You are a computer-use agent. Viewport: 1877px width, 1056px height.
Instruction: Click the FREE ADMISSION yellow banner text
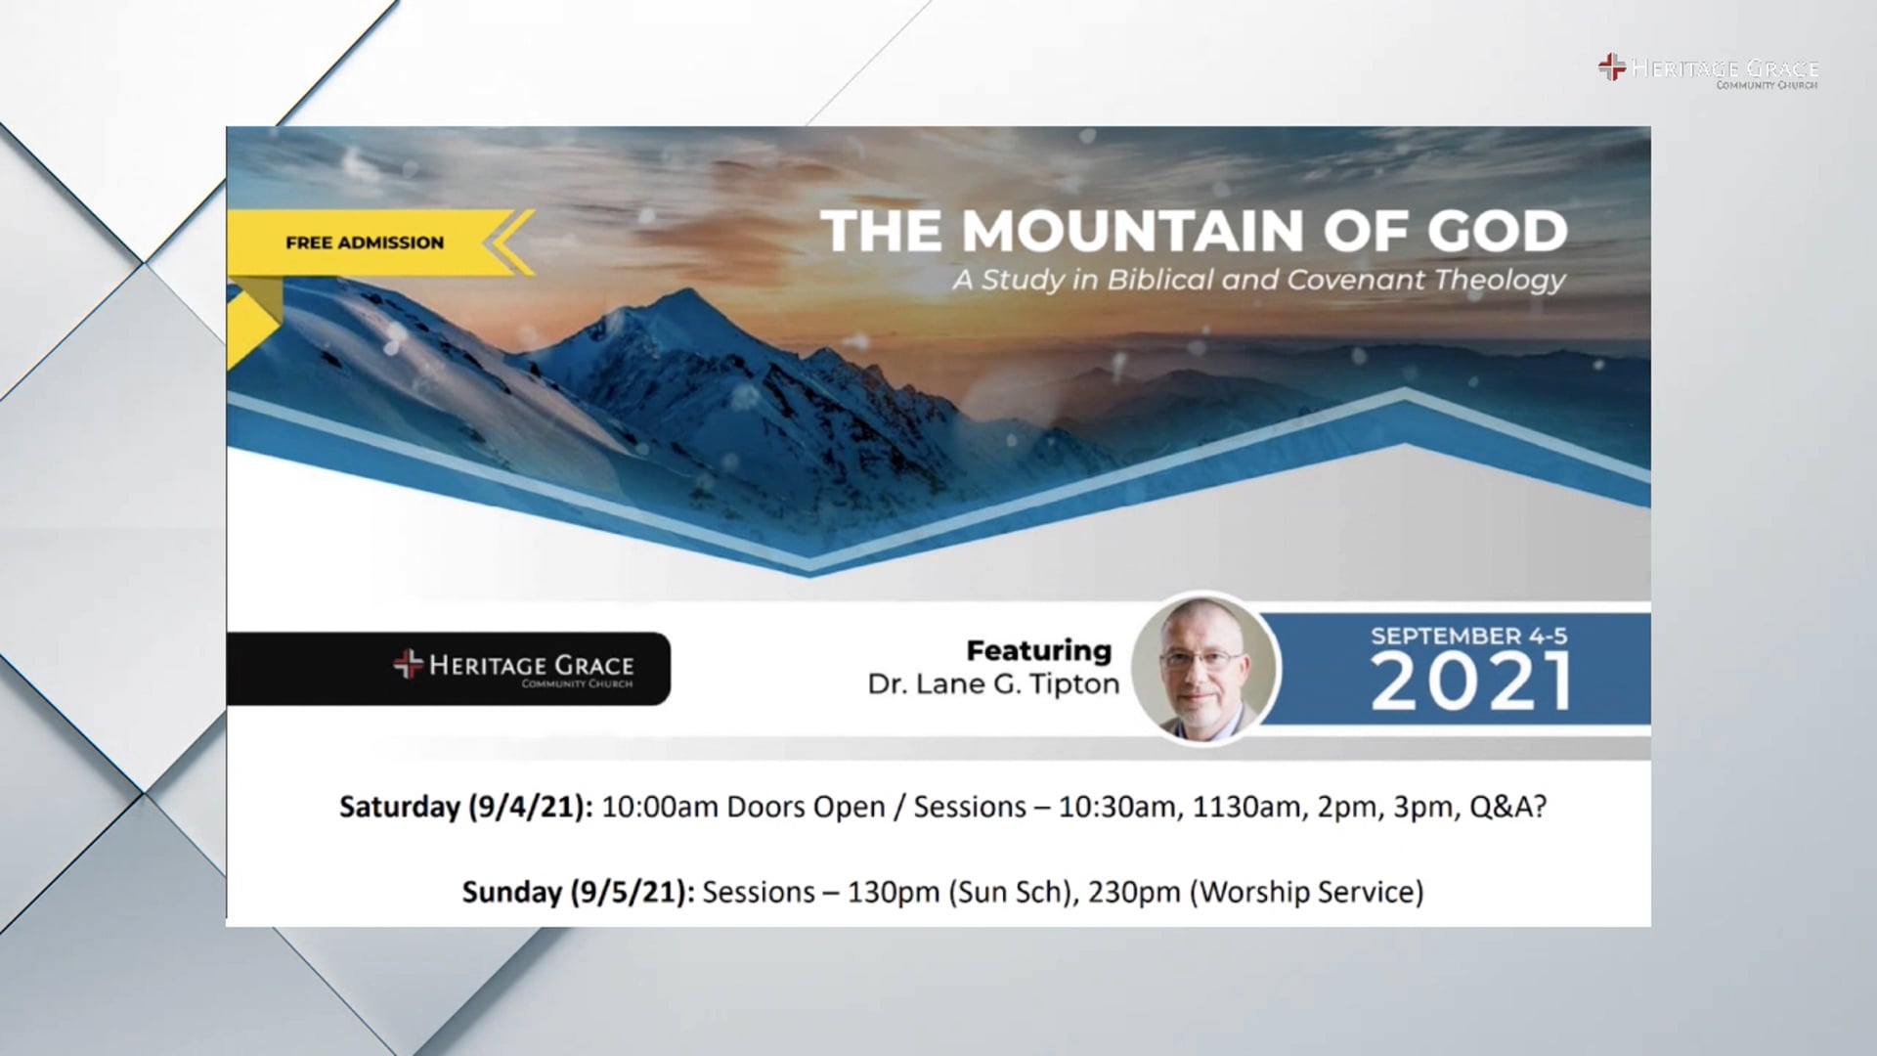(x=365, y=242)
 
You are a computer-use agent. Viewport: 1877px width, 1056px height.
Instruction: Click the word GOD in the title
(x=1497, y=232)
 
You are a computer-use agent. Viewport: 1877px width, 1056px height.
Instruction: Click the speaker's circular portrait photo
(x=1203, y=668)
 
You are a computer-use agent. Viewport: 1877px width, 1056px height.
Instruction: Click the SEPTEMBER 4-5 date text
(x=1468, y=636)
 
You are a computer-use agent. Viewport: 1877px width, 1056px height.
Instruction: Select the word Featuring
(x=1038, y=650)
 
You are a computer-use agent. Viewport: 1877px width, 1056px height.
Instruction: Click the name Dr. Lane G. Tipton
(x=993, y=684)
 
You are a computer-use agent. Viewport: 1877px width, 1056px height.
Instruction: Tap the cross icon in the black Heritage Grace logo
(x=408, y=664)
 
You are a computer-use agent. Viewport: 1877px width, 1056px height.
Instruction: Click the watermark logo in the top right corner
(x=1708, y=70)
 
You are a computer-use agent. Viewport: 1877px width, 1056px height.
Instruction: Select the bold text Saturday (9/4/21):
(x=465, y=807)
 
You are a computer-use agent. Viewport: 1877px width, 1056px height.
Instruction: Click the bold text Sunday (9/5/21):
(x=578, y=892)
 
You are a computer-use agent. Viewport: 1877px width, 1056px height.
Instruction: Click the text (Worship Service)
(x=1306, y=892)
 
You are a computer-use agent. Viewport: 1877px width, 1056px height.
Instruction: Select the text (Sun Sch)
(x=1010, y=892)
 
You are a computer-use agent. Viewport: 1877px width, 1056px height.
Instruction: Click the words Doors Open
(x=806, y=807)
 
